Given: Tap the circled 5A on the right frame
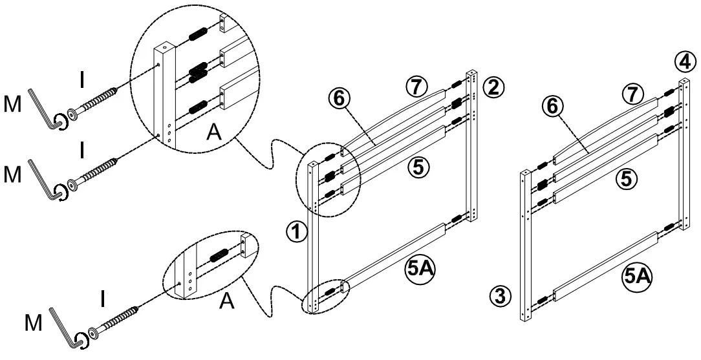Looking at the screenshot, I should pyautogui.click(x=636, y=277).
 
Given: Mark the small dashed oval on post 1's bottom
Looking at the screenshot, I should pyautogui.click(x=325, y=295).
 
